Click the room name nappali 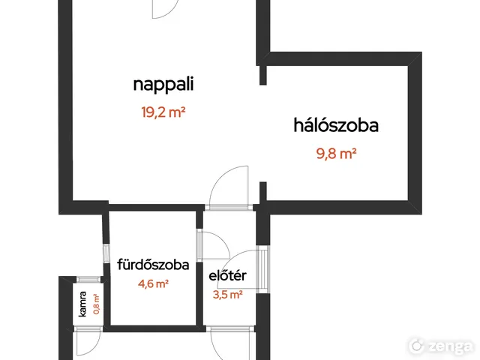click(163, 84)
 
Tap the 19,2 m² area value click(163, 113)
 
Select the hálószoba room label click(335, 125)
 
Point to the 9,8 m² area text click(335, 154)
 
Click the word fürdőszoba click(153, 264)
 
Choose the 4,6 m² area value click(153, 283)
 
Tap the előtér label click(228, 277)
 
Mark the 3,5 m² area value click(228, 295)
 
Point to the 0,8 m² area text click(96, 303)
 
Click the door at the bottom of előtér click(229, 343)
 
